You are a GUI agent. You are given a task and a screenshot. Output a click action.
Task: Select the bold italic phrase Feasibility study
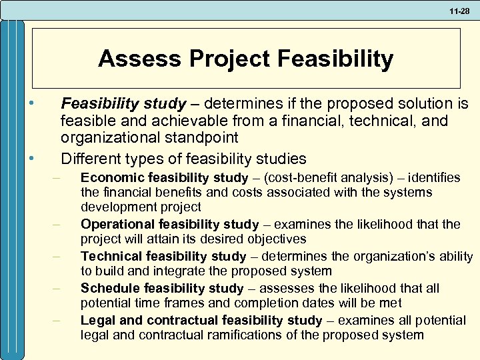pyautogui.click(x=123, y=104)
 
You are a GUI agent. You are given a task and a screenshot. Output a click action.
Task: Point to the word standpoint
pyautogui.click(x=199, y=139)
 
